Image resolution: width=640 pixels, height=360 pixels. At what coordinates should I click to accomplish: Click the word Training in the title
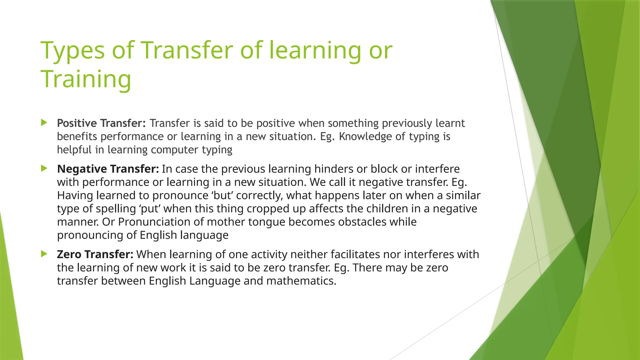(x=86, y=79)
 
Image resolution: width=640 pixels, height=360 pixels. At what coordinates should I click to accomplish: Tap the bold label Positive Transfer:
(x=101, y=123)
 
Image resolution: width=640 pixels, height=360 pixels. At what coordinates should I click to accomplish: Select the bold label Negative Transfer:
(x=108, y=169)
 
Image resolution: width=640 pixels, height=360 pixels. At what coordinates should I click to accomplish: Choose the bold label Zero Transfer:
(x=95, y=254)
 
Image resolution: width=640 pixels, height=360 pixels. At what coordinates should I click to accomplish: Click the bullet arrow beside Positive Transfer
(x=44, y=122)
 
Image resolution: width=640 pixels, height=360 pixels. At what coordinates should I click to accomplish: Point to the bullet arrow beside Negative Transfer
(x=44, y=169)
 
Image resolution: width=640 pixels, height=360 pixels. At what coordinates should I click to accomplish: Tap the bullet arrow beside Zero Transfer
(x=44, y=254)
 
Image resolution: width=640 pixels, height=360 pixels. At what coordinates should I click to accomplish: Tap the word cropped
(x=267, y=209)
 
